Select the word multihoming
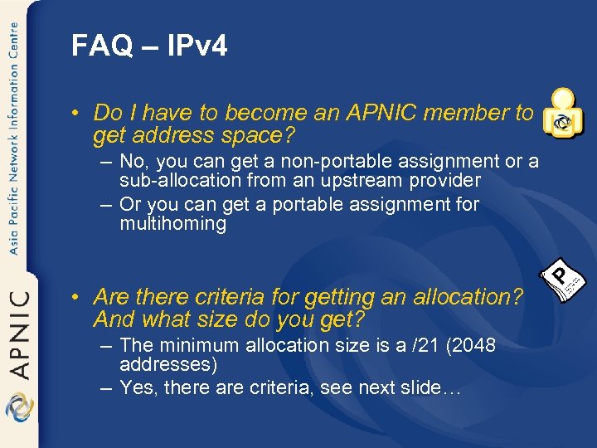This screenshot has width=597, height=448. (172, 224)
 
